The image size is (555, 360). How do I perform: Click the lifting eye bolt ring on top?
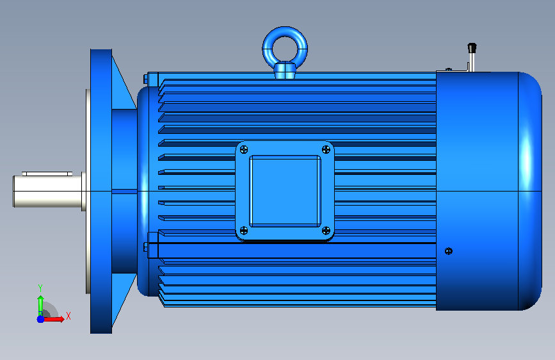pyautogui.click(x=285, y=32)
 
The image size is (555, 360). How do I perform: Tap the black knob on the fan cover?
pyautogui.click(x=472, y=48)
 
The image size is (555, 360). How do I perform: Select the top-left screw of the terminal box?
pyautogui.click(x=244, y=150)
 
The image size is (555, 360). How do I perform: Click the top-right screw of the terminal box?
pyautogui.click(x=326, y=150)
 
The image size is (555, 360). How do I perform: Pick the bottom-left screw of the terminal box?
pyautogui.click(x=244, y=231)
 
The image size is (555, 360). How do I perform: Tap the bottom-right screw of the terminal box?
pyautogui.click(x=326, y=231)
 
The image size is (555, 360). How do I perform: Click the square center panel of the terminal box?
pyautogui.click(x=285, y=191)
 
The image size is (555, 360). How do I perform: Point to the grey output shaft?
pyautogui.click(x=48, y=192)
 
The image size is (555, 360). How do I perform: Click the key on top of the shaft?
pyautogui.click(x=47, y=174)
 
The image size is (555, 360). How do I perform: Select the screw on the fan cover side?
pyautogui.click(x=449, y=251)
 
